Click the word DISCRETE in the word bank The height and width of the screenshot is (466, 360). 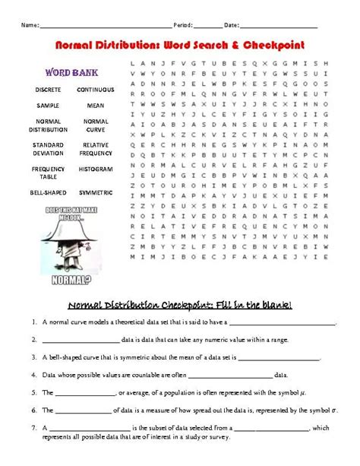coord(48,89)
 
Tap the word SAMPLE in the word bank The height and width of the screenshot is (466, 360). coord(48,106)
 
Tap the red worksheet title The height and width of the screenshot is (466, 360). coord(180,46)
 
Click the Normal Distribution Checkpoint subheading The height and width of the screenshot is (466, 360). coord(180,305)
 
